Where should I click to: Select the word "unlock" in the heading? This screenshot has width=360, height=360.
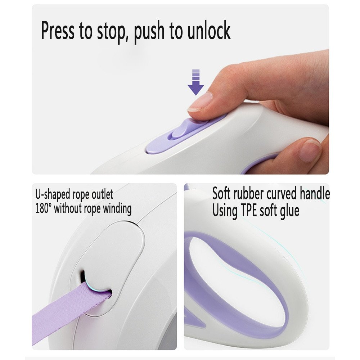(x=208, y=30)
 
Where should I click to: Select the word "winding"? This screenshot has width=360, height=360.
(x=117, y=209)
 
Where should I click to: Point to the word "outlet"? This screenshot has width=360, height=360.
(x=102, y=194)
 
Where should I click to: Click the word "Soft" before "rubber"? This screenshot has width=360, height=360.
(x=221, y=193)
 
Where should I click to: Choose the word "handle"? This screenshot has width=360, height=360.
(x=315, y=193)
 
